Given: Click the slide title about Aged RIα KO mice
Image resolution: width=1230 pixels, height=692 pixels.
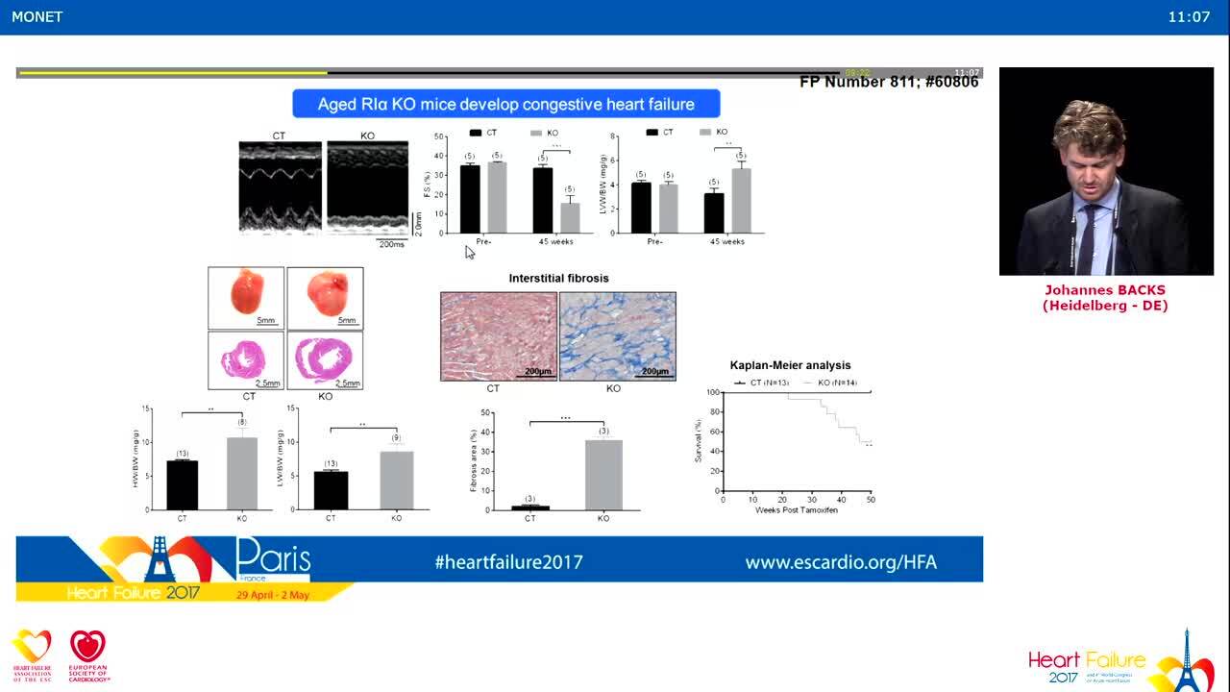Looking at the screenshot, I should pyautogui.click(x=505, y=104).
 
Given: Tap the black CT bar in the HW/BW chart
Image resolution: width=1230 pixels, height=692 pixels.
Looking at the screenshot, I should pyautogui.click(x=183, y=484).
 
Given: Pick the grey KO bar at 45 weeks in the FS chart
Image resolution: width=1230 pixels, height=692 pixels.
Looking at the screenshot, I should pyautogui.click(x=570, y=217).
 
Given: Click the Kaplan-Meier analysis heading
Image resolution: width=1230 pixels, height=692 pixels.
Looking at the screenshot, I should pyautogui.click(x=790, y=365).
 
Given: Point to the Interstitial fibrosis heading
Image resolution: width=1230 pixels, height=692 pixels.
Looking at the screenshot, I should pyautogui.click(x=558, y=278).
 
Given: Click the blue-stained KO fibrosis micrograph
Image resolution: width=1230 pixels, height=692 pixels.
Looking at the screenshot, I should pyautogui.click(x=617, y=336).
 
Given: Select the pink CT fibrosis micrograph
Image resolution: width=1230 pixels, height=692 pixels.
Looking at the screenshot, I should pyautogui.click(x=499, y=336).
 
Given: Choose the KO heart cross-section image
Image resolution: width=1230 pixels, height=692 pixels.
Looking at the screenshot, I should pyautogui.click(x=325, y=359).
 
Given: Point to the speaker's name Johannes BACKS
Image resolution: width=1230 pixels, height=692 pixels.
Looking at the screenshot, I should pyautogui.click(x=1105, y=290).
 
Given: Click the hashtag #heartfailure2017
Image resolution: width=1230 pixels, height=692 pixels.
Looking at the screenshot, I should pyautogui.click(x=508, y=562).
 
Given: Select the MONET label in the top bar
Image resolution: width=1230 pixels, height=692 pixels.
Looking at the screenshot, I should pyautogui.click(x=37, y=16).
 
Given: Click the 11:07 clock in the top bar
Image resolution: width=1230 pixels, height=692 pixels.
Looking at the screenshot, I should pyautogui.click(x=1189, y=16).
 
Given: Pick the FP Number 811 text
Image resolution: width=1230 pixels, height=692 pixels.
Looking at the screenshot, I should pyautogui.click(x=889, y=83).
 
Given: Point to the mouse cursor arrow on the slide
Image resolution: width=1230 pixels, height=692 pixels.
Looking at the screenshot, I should pyautogui.click(x=469, y=252).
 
